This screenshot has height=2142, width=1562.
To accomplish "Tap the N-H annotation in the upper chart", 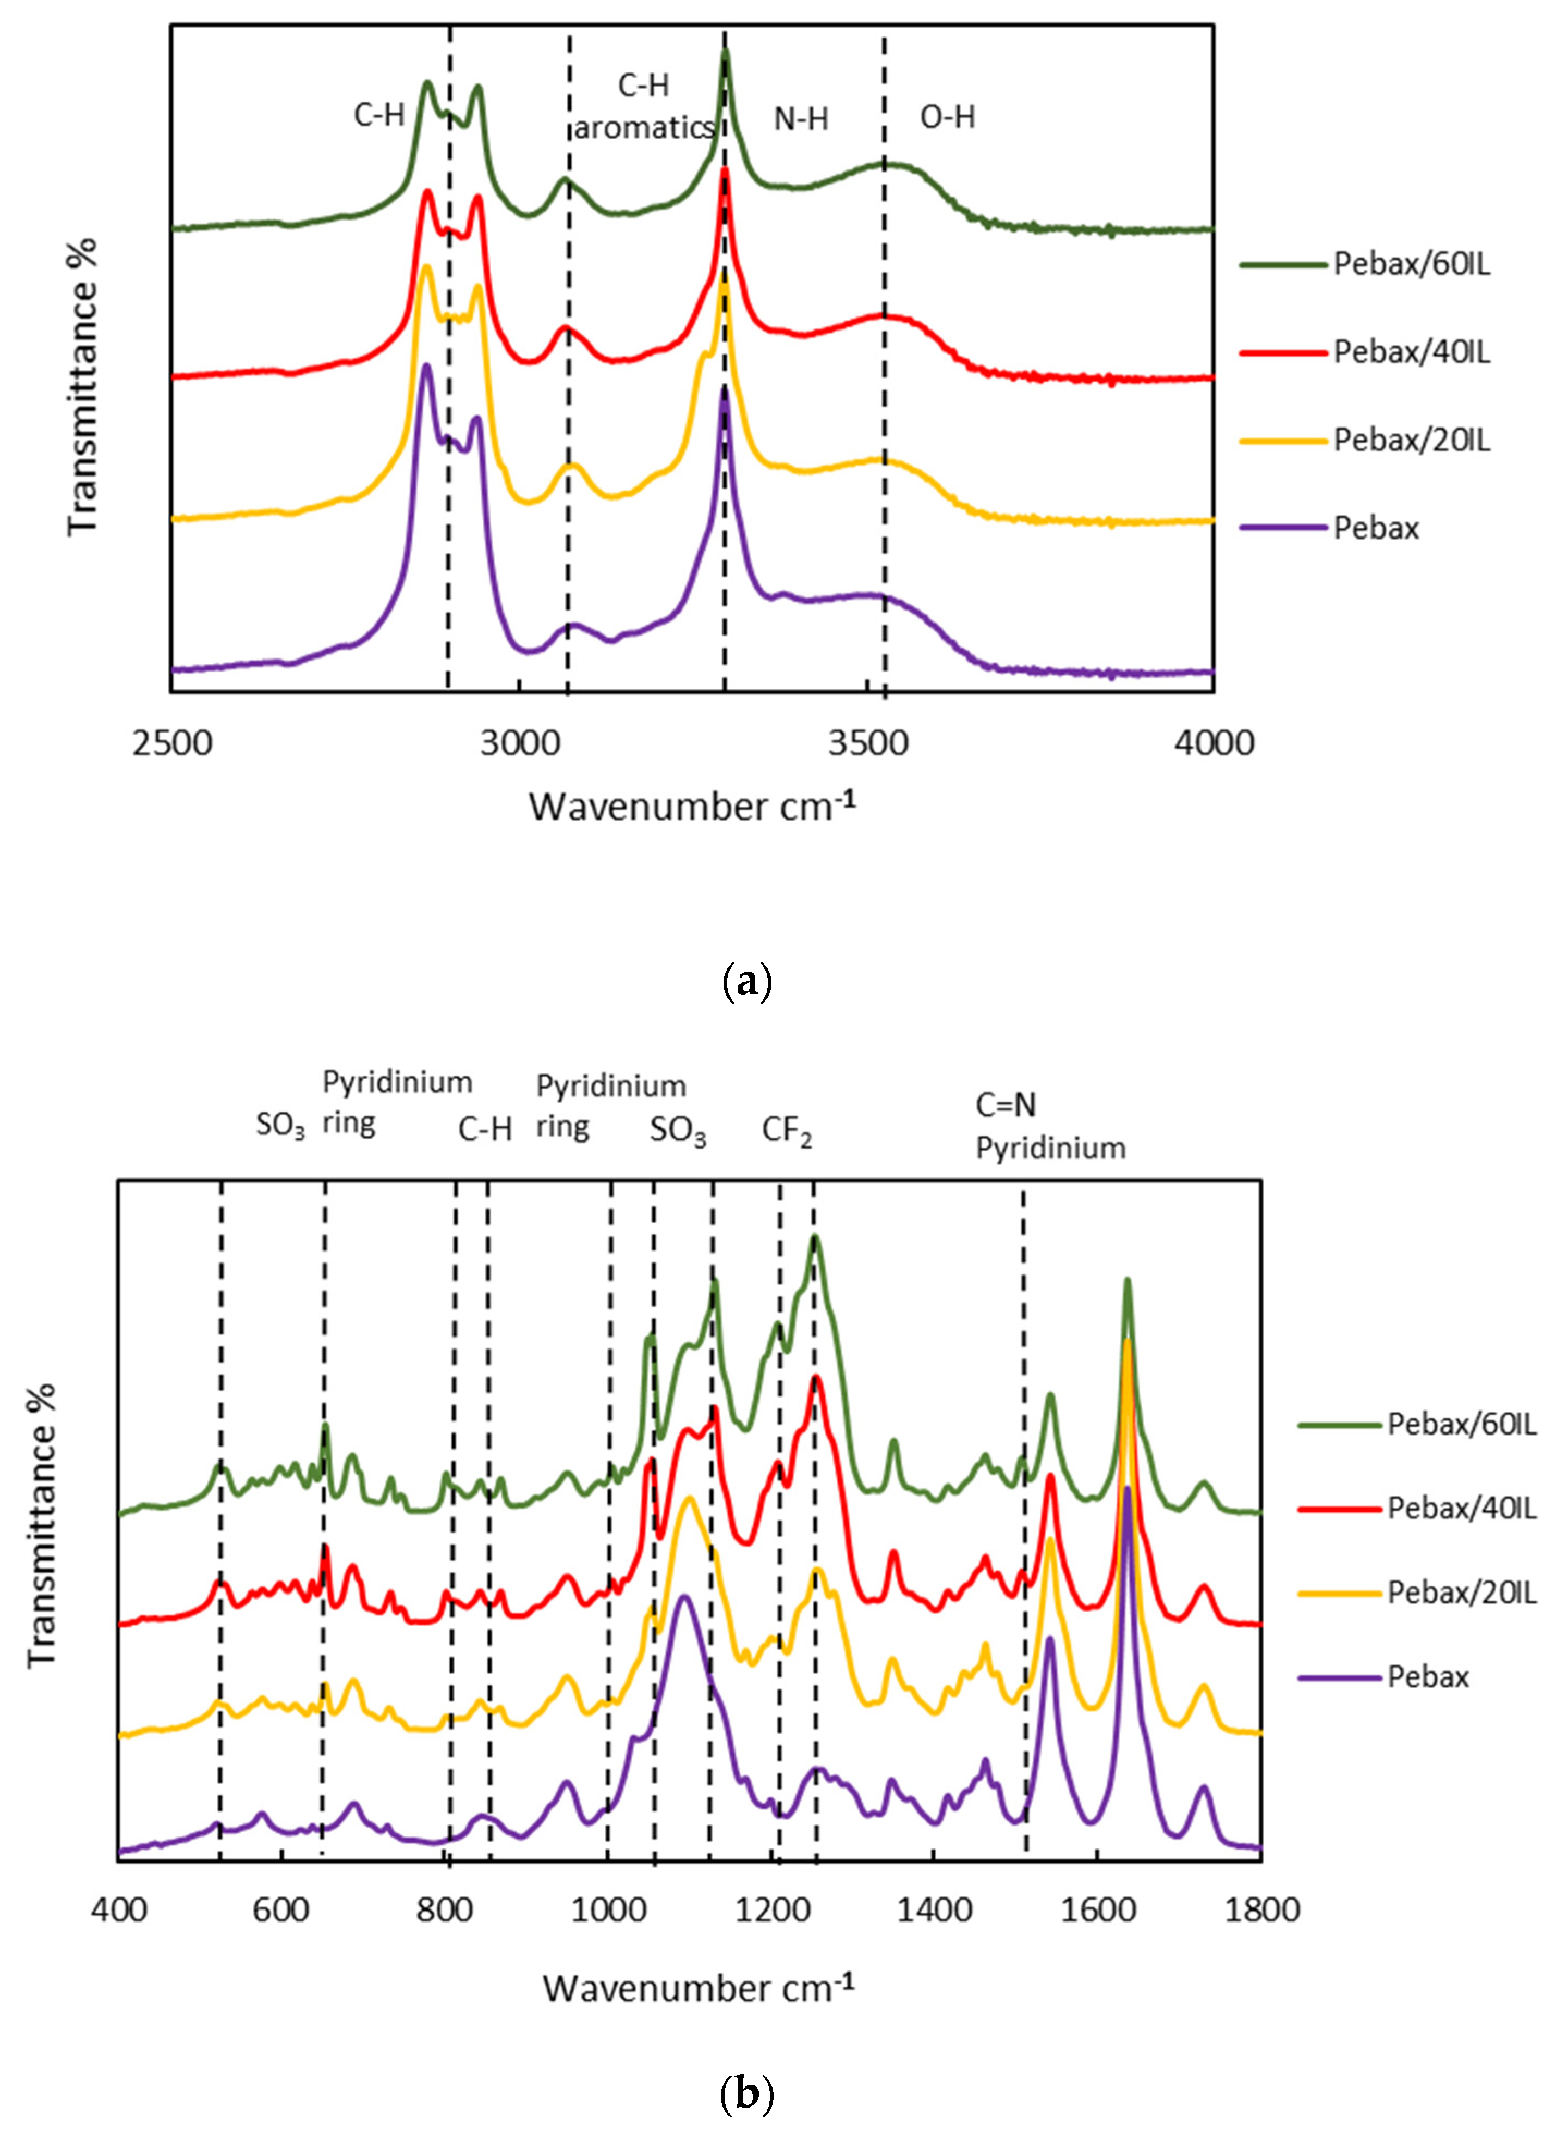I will [x=801, y=119].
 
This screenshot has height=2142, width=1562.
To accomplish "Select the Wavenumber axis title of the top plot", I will [x=691, y=807].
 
